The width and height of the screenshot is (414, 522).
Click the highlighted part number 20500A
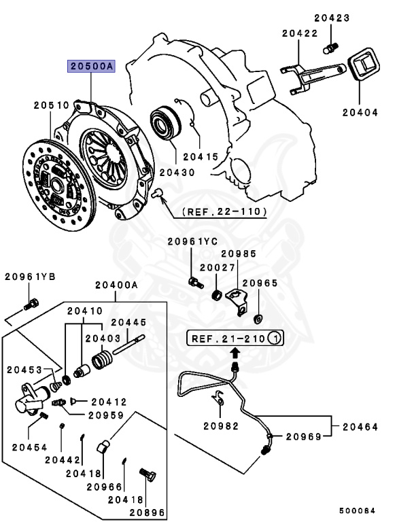[91, 66]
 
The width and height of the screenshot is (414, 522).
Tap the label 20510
[52, 105]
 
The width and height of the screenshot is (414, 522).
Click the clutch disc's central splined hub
[58, 184]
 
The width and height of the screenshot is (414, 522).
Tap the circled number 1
[274, 338]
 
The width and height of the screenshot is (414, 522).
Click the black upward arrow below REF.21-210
[235, 352]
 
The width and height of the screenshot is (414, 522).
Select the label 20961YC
[192, 241]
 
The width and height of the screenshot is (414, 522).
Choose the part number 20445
[129, 323]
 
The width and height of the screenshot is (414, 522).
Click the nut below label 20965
[258, 318]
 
